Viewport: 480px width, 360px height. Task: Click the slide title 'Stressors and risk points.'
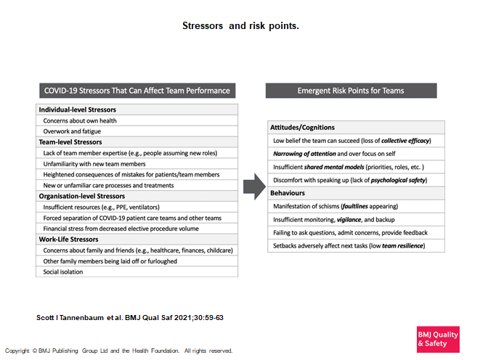(240, 26)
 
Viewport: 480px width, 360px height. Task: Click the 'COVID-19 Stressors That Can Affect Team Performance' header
(137, 91)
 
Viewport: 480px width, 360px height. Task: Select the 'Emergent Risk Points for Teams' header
(351, 91)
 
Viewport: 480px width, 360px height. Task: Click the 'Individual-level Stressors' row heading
(73, 110)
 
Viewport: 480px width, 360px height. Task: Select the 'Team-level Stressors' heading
(70, 142)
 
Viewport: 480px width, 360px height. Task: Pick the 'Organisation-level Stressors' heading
(81, 196)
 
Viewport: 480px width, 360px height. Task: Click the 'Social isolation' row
(63, 272)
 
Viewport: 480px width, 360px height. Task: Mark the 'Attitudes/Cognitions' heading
(303, 127)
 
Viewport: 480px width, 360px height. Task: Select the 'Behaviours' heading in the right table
(289, 193)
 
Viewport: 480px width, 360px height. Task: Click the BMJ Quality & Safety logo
(438, 339)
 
